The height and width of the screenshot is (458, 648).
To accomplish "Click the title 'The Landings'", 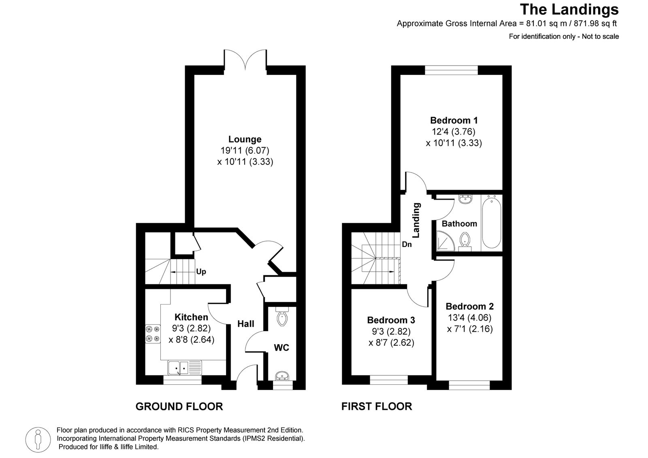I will pyautogui.click(x=569, y=9).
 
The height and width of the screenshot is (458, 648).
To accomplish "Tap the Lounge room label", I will pyautogui.click(x=245, y=139).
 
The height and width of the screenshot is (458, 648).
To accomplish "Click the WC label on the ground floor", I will pyautogui.click(x=281, y=347).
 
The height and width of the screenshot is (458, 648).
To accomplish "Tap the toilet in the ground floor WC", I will pyautogui.click(x=282, y=318).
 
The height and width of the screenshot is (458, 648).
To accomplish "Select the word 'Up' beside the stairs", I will pyautogui.click(x=201, y=272).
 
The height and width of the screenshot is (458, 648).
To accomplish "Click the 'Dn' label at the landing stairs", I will pyautogui.click(x=407, y=245).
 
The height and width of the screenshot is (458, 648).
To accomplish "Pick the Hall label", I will pyautogui.click(x=246, y=324).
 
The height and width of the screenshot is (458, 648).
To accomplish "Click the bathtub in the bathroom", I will pyautogui.click(x=492, y=222).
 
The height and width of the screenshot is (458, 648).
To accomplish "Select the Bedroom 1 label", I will pyautogui.click(x=454, y=120).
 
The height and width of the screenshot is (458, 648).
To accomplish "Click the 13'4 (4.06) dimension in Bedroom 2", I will pyautogui.click(x=470, y=318).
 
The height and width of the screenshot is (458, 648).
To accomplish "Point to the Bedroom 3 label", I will pyautogui.click(x=391, y=320).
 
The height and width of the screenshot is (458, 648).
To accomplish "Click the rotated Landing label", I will pyautogui.click(x=416, y=220).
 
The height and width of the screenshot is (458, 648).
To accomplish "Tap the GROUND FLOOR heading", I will pyautogui.click(x=179, y=406).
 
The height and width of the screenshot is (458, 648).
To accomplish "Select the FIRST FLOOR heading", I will pyautogui.click(x=377, y=406).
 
